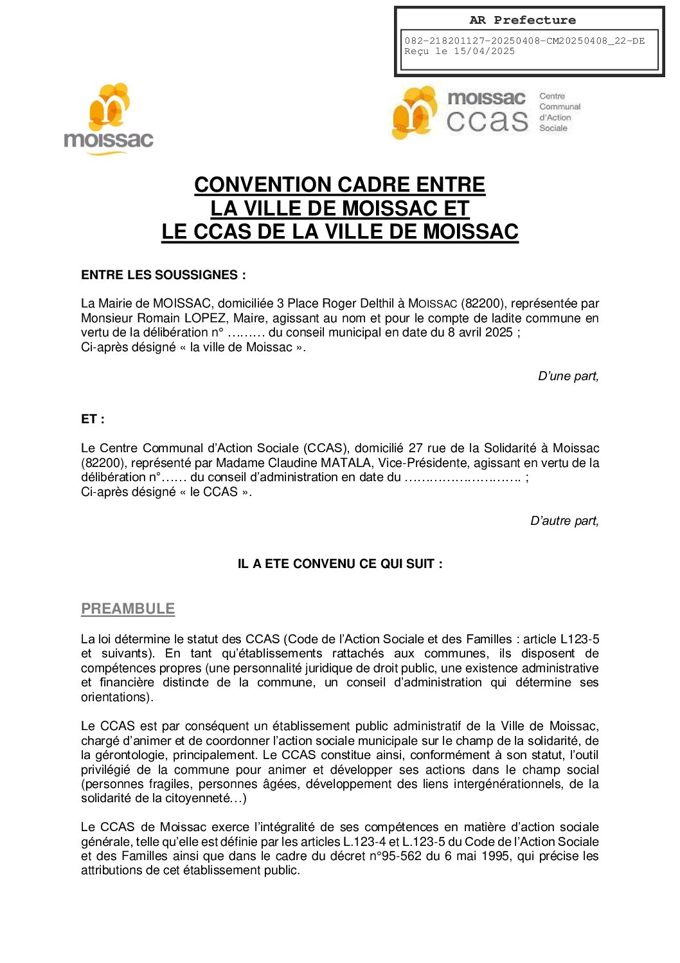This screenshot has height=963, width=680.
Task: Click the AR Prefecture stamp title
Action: [522, 20]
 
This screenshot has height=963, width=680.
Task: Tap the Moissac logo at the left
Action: [109, 119]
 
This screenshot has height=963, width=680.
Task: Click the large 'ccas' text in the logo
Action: [487, 121]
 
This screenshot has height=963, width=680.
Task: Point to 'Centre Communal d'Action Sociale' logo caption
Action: [559, 112]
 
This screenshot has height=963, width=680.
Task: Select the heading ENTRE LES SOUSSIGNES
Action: [163, 275]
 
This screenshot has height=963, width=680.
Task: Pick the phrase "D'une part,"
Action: [568, 376]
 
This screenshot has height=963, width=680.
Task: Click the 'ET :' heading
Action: [93, 419]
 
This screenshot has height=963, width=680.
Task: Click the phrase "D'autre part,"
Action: [564, 521]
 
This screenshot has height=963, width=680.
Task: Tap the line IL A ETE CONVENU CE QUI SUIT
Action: [340, 564]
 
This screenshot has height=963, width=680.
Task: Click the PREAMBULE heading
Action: [128, 609]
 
